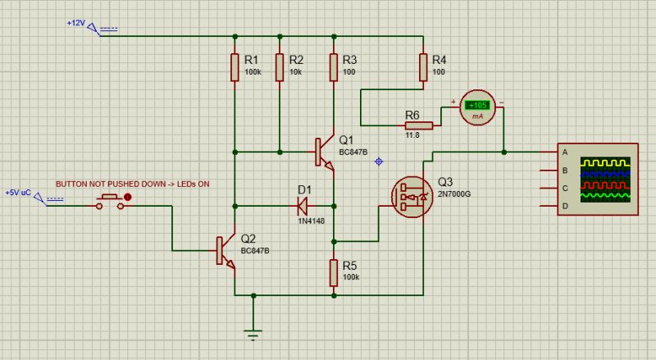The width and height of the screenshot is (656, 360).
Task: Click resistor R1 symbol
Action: click(x=235, y=68)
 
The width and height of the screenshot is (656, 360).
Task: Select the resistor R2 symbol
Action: click(x=280, y=68)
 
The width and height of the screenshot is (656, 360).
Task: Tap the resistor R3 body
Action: click(x=334, y=68)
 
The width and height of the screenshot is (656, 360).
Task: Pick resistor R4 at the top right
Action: click(x=422, y=68)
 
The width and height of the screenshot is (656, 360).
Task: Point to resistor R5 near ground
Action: click(x=334, y=271)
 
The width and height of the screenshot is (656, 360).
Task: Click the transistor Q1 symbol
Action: click(x=324, y=153)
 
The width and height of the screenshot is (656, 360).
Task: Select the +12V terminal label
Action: click(x=75, y=23)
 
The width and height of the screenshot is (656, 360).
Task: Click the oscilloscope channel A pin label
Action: click(x=564, y=153)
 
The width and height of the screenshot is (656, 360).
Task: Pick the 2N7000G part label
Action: click(x=456, y=194)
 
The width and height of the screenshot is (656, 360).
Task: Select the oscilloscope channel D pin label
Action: click(x=564, y=207)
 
